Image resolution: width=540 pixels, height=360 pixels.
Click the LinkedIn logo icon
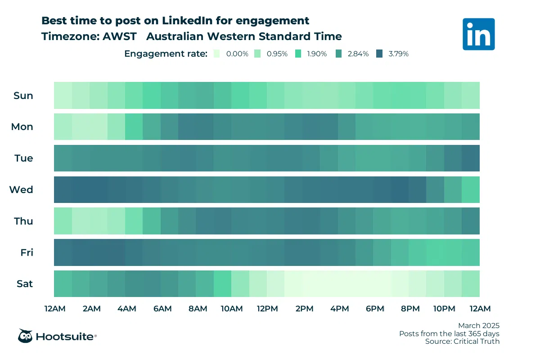pos(478,34)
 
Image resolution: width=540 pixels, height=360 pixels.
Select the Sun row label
pos(23,95)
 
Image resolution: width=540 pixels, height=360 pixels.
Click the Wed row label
pos(21,190)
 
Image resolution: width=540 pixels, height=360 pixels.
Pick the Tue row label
pos(24,158)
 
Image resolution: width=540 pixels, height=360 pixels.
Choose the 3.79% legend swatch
pos(381,54)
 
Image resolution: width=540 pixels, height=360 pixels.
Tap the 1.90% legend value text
pos(317,54)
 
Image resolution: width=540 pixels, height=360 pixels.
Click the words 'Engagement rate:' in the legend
pos(166,54)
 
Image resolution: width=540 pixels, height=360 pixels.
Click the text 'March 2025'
pos(478,325)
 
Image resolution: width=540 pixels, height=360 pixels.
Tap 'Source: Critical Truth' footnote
pos(462,342)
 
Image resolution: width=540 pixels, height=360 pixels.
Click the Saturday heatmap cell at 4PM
pos(346,284)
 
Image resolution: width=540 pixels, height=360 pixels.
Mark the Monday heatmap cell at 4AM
pos(134,127)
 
